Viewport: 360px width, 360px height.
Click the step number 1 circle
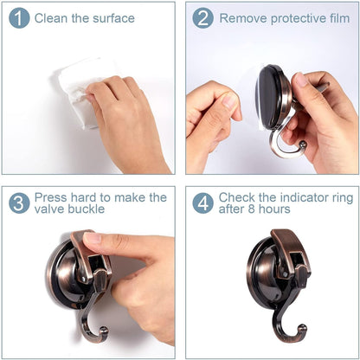[x=19, y=18]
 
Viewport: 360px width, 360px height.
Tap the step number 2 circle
[x=202, y=18]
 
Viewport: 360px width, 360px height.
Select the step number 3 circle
[x=19, y=203]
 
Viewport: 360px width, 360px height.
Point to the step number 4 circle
[x=202, y=203]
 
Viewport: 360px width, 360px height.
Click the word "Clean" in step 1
[x=51, y=18]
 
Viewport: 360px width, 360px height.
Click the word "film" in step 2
[x=340, y=18]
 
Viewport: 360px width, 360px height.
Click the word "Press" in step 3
[x=51, y=197]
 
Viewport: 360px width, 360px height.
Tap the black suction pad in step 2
[x=270, y=97]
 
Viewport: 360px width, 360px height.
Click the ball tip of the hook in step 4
[x=302, y=328]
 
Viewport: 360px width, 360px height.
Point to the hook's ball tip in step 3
[x=104, y=331]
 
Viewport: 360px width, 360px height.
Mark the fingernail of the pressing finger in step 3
[x=93, y=238]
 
